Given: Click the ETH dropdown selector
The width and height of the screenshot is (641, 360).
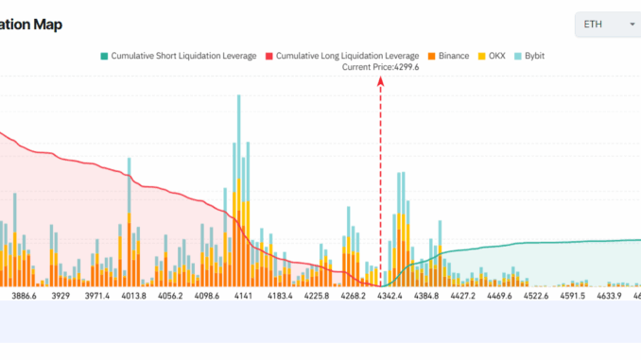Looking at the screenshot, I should click(607, 24).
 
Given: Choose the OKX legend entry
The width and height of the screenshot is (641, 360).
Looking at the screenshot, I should click(495, 56).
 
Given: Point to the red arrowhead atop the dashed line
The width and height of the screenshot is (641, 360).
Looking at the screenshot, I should click(381, 81).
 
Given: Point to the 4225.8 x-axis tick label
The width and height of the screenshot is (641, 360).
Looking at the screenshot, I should click(313, 297).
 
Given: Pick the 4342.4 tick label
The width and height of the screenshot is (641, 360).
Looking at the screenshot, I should click(390, 297).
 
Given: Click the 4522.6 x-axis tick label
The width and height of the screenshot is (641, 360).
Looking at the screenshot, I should click(543, 297).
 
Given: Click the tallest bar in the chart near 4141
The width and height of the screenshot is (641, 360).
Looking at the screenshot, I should click(236, 189).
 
